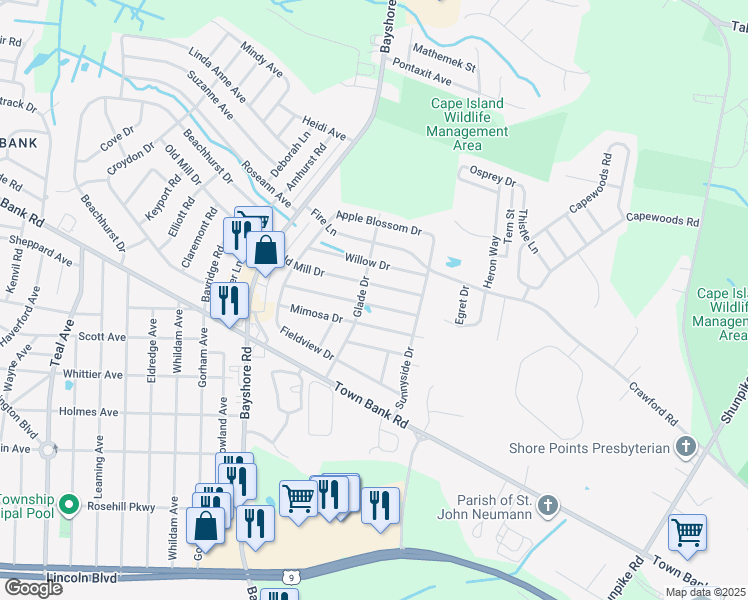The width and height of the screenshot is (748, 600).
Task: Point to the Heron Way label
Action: (x=491, y=263)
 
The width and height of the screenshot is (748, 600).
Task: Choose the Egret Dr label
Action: (x=463, y=303)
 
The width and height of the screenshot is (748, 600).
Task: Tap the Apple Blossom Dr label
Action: (x=379, y=222)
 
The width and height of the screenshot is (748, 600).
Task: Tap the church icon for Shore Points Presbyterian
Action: (x=685, y=446)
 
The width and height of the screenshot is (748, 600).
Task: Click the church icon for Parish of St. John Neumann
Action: (x=546, y=506)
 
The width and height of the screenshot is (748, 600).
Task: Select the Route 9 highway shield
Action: (x=289, y=575)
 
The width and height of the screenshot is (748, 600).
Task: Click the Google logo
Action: (x=33, y=587)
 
